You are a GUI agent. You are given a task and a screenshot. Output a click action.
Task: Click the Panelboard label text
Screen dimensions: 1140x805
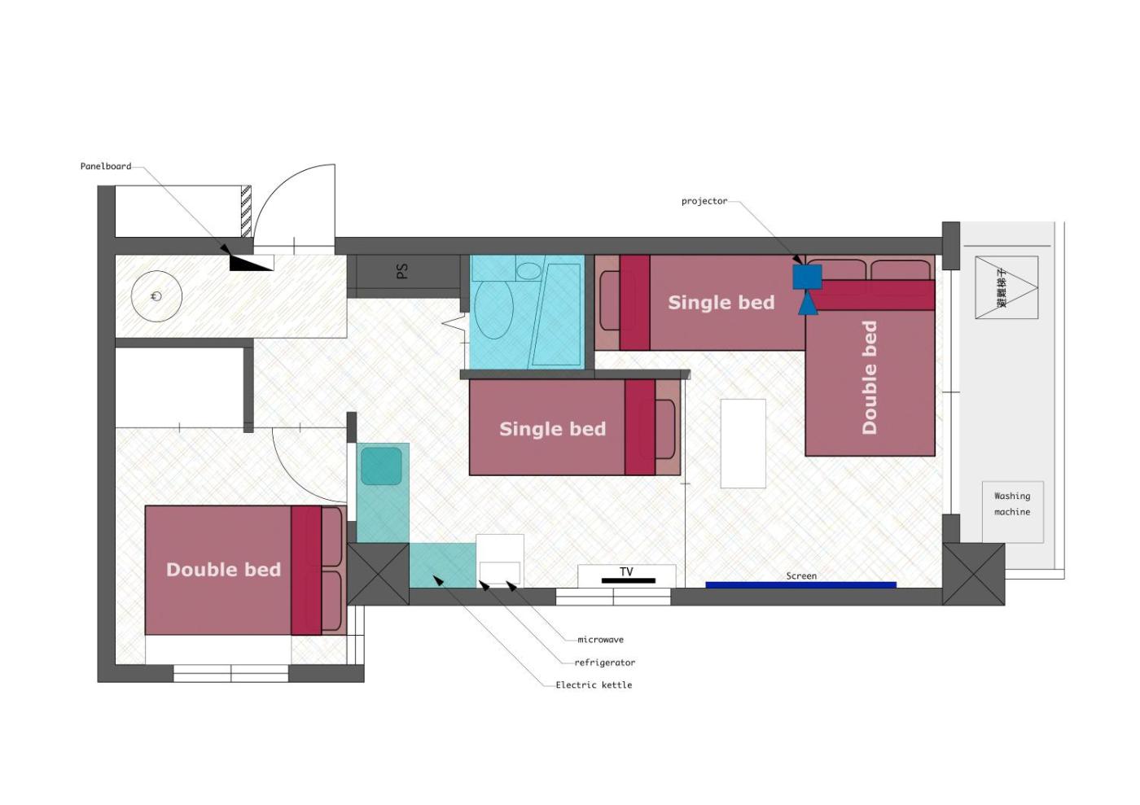click(106, 166)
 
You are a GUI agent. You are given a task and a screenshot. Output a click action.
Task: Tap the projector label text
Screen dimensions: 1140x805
click(704, 202)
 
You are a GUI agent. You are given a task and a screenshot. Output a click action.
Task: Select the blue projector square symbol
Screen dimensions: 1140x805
click(807, 277)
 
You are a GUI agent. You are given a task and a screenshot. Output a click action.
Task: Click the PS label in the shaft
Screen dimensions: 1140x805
click(402, 271)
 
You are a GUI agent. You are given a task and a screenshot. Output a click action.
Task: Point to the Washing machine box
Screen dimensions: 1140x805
click(1013, 512)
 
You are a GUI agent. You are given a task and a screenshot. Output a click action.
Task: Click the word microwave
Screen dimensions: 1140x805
click(601, 640)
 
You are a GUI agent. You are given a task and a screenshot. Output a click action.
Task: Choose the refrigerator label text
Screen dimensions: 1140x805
click(604, 663)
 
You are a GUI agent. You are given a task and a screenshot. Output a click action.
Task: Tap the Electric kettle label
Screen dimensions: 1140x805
click(594, 685)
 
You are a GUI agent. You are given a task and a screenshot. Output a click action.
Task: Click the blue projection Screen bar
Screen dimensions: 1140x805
click(800, 584)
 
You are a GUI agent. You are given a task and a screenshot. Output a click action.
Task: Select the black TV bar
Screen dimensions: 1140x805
click(629, 580)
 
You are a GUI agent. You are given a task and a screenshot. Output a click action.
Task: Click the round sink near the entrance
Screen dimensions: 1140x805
click(156, 296)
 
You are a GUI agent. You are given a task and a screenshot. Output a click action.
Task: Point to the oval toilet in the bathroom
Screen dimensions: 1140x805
click(493, 310)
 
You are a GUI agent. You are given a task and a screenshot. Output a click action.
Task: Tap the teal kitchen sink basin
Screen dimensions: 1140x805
click(381, 466)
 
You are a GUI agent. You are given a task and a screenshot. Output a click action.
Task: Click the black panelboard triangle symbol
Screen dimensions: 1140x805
click(252, 263)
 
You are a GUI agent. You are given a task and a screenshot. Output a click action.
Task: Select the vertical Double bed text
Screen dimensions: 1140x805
click(870, 378)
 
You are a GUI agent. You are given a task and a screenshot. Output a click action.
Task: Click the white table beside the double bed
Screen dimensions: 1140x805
click(743, 444)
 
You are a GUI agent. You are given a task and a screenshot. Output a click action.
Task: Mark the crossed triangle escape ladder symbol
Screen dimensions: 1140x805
click(1006, 287)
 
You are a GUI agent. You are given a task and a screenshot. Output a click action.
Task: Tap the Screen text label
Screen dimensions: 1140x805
click(801, 576)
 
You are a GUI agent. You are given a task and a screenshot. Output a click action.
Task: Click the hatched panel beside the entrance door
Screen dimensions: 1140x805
click(246, 211)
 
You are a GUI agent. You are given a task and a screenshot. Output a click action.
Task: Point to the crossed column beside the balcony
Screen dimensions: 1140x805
click(973, 574)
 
